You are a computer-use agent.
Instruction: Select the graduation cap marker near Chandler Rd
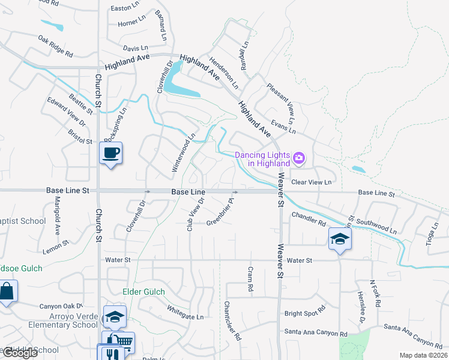[340, 240]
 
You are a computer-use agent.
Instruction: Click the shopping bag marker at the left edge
[7, 293]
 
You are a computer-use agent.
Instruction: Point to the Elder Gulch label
[143, 292]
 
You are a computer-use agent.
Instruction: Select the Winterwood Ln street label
[184, 153]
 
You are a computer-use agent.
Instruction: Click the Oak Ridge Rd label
[55, 47]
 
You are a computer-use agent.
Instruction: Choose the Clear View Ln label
[311, 182]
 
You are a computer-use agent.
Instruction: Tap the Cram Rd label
[250, 280]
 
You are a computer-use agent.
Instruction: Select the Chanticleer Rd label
[232, 322]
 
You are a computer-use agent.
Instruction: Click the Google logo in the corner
[20, 353]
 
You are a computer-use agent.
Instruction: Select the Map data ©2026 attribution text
[424, 355]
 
